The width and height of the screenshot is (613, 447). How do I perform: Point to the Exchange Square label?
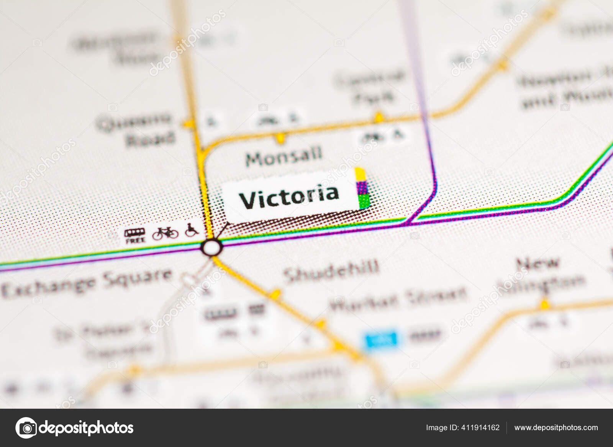(x=87, y=283)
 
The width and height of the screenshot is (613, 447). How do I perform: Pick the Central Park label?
(x=370, y=87)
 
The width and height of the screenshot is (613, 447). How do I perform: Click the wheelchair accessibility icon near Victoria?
(x=192, y=230)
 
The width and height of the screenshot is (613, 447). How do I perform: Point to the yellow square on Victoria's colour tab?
(x=361, y=174)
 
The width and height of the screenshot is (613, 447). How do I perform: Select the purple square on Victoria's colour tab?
(x=362, y=188)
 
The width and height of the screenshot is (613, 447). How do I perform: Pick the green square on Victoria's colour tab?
(x=364, y=201)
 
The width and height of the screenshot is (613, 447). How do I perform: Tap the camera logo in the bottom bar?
(x=26, y=427)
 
